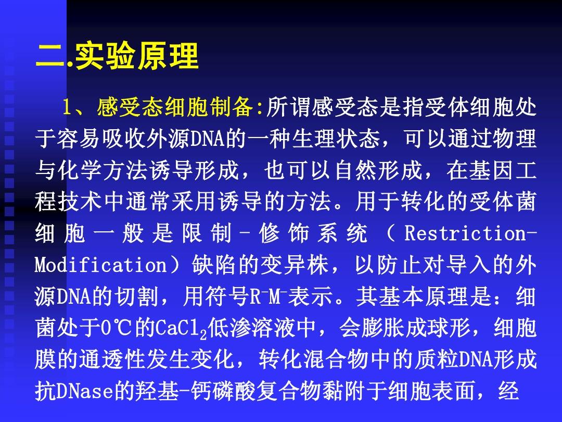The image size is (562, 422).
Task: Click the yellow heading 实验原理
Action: (x=137, y=56)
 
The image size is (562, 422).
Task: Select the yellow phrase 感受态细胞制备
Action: (x=175, y=107)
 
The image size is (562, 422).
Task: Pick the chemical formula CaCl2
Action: (x=182, y=329)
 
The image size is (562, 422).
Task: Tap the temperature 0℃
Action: (x=116, y=328)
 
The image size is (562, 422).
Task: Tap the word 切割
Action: (x=136, y=296)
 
